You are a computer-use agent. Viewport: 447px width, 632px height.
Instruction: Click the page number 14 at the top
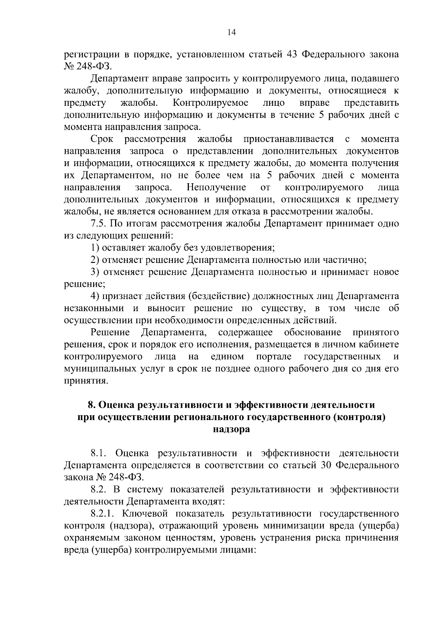(231, 32)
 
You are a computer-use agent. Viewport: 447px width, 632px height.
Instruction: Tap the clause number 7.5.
(99, 224)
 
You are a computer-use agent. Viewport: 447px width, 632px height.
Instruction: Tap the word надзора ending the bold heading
(231, 429)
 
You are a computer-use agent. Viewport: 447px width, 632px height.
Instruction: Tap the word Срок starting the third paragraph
(102, 139)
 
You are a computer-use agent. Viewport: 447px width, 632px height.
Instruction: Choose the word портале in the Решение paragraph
(274, 357)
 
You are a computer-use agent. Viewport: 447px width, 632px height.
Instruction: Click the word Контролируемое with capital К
(211, 102)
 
